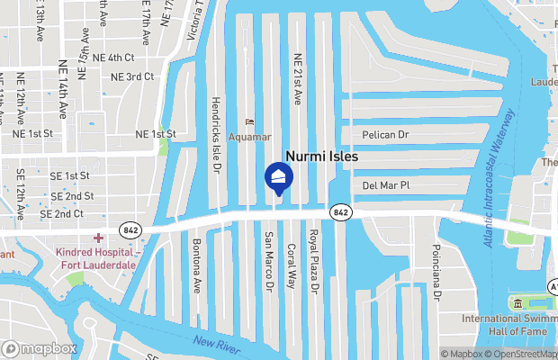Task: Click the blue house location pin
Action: point(277,177)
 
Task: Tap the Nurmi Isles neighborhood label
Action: point(322,156)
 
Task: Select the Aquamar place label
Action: point(248,137)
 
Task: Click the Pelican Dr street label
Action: point(385,134)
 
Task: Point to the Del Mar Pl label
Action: point(385,185)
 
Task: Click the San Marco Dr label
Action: point(268,262)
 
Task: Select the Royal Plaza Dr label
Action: point(314,262)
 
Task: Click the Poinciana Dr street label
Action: point(436,270)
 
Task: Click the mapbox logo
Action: point(40,348)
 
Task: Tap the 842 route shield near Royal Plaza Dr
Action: point(340,211)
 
